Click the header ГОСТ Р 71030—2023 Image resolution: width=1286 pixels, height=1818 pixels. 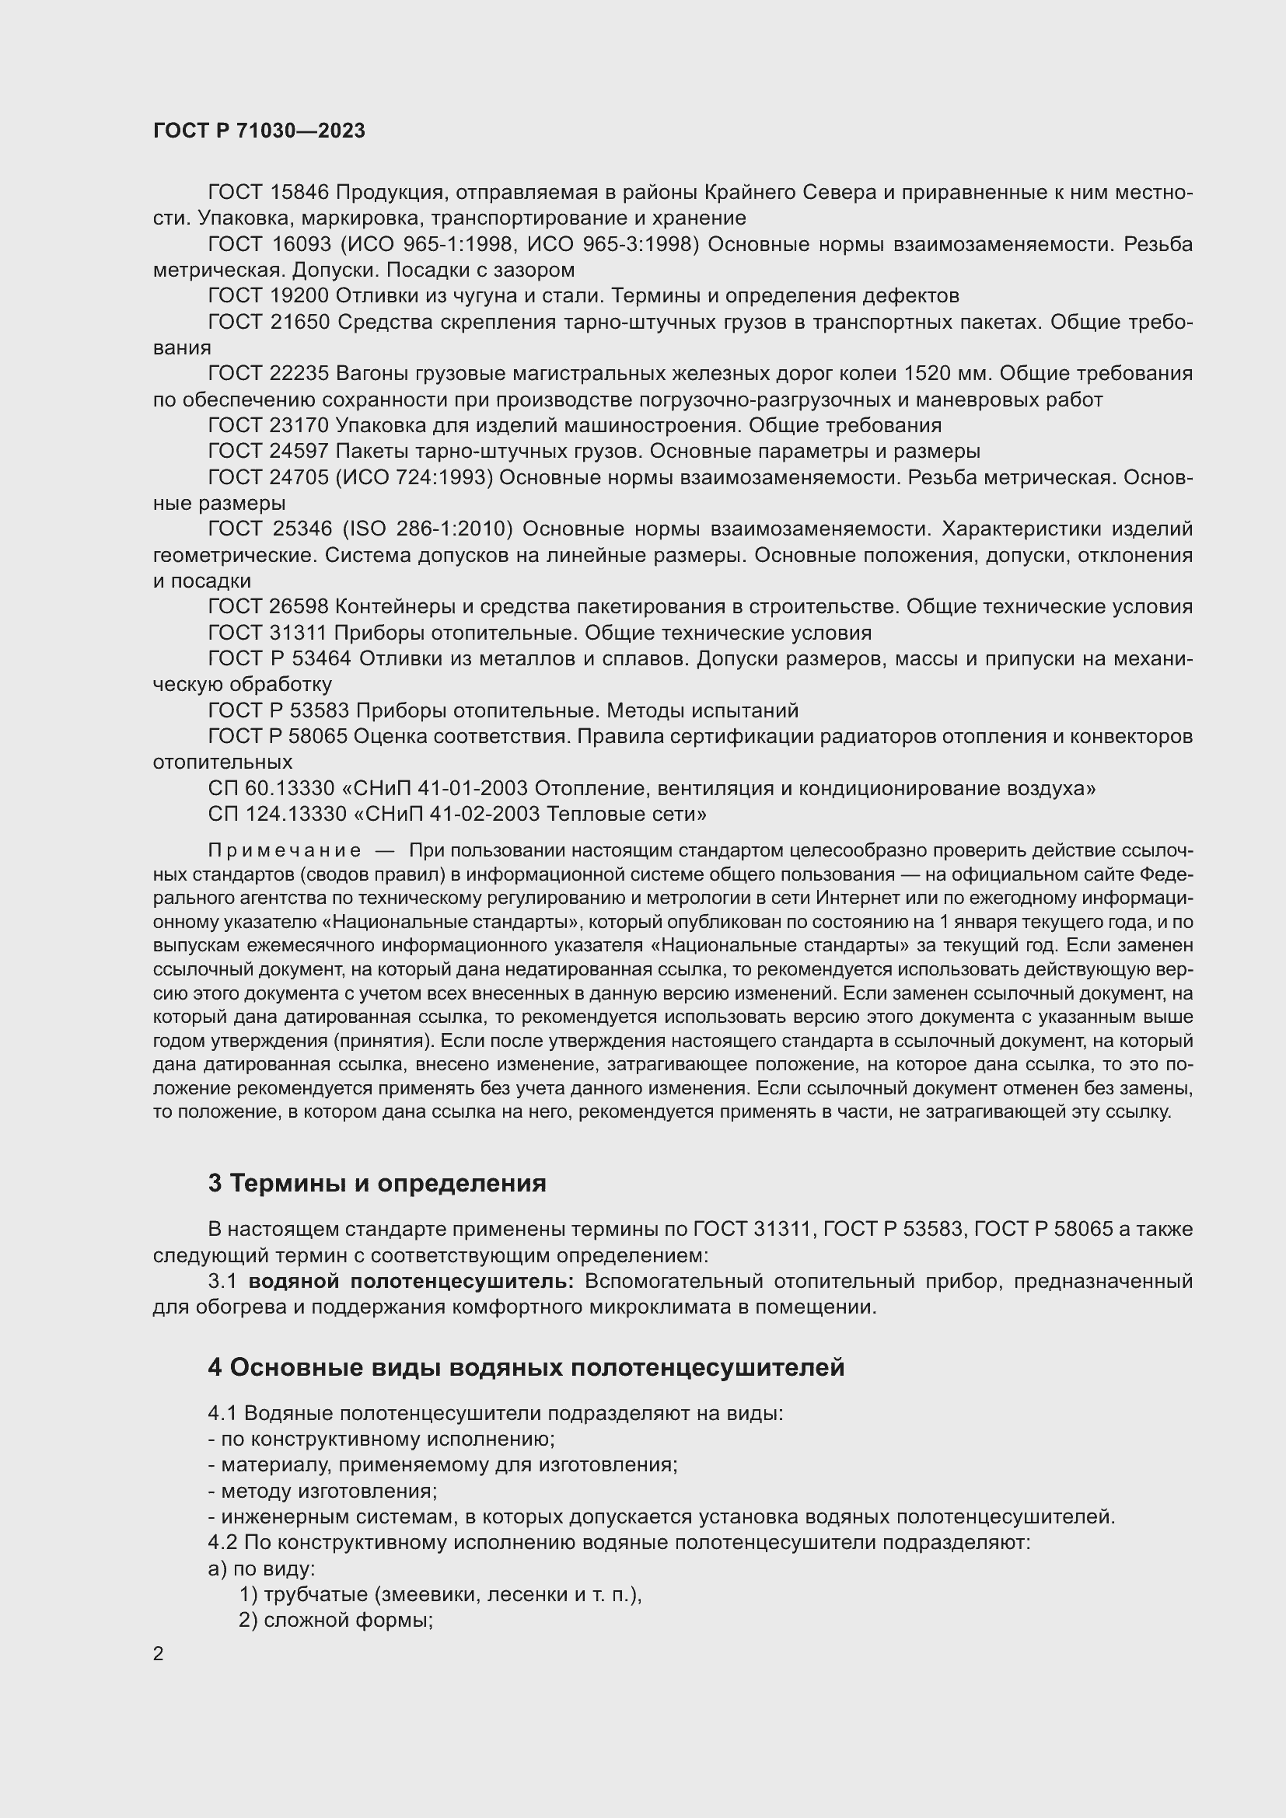259,131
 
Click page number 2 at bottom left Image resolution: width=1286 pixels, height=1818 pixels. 159,1653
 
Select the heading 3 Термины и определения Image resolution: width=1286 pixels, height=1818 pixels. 377,1184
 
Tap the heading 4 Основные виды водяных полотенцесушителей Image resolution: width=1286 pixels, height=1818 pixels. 526,1367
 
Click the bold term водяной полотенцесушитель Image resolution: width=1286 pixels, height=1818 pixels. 411,1281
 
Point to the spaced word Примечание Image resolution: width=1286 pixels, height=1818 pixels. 285,851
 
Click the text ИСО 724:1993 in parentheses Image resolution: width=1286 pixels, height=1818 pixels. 417,477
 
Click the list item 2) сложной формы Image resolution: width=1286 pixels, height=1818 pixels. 336,1620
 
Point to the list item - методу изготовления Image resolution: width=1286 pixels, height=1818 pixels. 323,1491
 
